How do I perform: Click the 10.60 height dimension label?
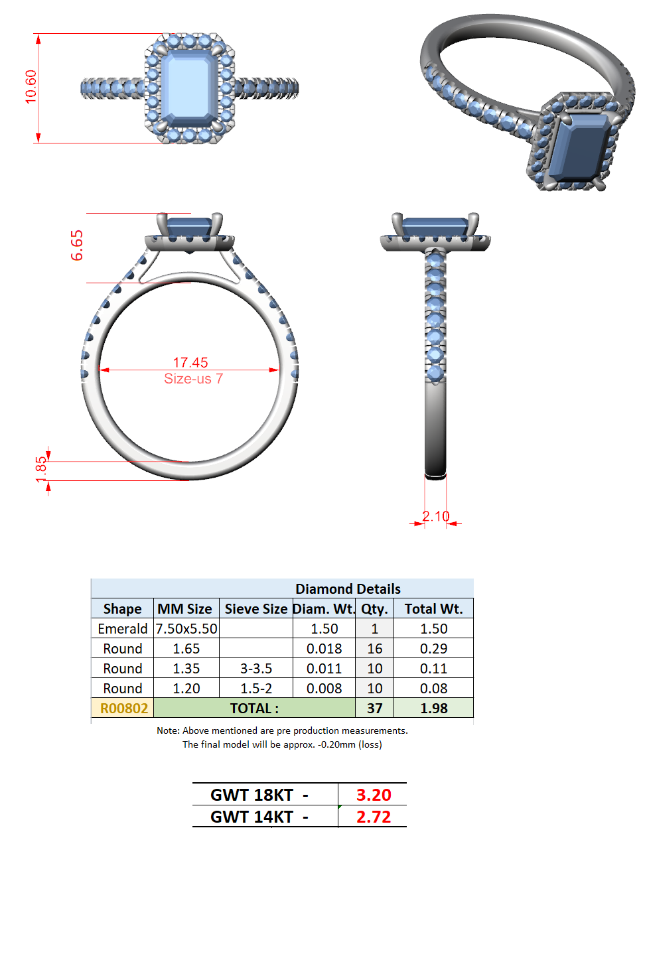pos(31,87)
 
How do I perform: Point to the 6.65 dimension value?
pos(77,245)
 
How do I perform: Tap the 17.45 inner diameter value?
pos(190,362)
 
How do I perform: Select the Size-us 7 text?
pos(194,378)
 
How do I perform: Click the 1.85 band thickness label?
pos(40,470)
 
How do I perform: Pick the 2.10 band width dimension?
pos(435,515)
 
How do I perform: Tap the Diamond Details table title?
pos(348,588)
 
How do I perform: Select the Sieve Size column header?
pos(256,608)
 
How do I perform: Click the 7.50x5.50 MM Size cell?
pos(186,628)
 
